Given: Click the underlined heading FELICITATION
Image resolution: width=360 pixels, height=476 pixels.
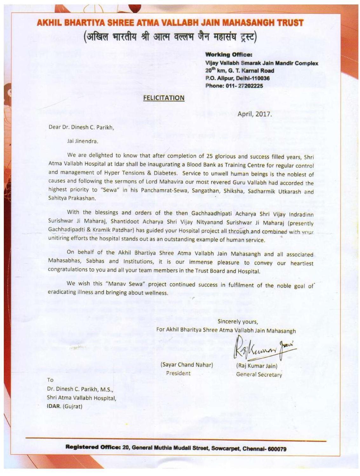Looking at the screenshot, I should coord(164,98).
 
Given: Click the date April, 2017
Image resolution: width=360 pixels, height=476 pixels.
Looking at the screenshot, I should coord(255,114).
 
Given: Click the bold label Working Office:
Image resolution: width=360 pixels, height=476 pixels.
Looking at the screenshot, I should coord(229,55).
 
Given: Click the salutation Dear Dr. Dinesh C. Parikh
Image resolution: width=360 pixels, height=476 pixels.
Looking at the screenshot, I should coord(81,127).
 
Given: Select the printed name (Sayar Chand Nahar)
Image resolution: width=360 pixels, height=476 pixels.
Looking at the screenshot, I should coord(187,365).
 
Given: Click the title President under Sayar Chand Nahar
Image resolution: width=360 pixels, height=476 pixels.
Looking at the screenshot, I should coord(178,373).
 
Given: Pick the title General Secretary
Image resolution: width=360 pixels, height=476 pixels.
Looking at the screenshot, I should coord(259,375).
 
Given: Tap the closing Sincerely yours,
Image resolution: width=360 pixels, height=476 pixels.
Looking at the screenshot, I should coord(238,321).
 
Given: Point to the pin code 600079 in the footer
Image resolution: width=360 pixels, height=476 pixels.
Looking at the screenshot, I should coord(277,449).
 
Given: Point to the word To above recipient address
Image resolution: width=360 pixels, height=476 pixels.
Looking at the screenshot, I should coord(50,380).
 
